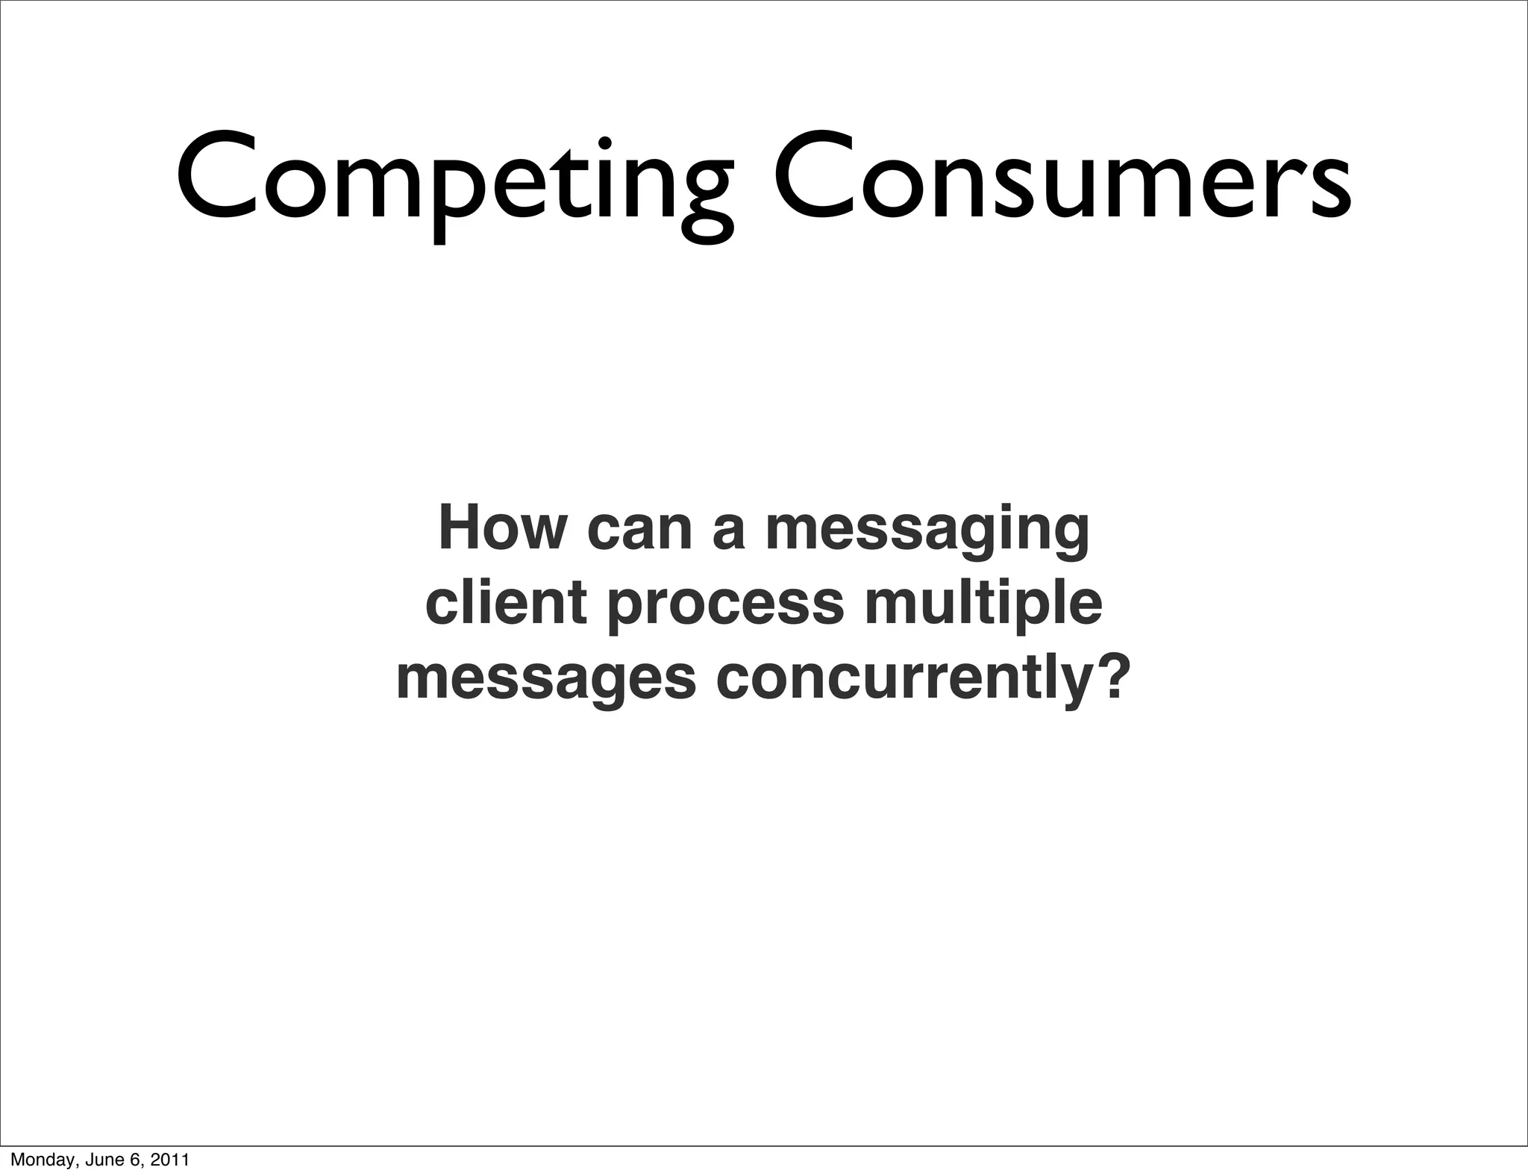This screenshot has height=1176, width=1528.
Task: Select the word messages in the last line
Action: (x=545, y=681)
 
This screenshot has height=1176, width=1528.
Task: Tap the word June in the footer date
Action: (x=98, y=1160)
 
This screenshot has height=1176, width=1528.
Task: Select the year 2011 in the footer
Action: (x=169, y=1160)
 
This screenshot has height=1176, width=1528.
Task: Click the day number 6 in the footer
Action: (x=134, y=1160)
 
